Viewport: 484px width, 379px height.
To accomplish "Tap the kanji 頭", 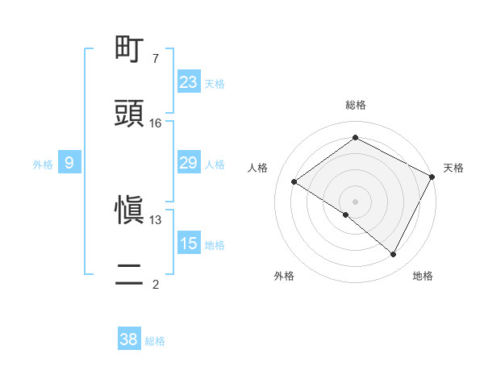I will [131, 114].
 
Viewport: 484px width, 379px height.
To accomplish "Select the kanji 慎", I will [131, 210].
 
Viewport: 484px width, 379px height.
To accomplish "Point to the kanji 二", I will [131, 274].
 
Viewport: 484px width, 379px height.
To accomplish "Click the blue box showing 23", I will [189, 82].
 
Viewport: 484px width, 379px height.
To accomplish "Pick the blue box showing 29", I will [189, 164].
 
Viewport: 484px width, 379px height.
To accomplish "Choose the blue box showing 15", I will [189, 244].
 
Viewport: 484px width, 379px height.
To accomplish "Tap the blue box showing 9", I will [69, 164].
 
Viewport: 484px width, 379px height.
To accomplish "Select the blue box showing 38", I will [129, 339].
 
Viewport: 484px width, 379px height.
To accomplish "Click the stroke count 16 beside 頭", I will [156, 123].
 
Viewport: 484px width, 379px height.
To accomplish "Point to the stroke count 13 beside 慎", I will [156, 219].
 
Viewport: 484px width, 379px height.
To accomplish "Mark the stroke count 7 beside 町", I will [156, 59].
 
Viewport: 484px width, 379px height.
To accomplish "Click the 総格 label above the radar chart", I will [356, 106].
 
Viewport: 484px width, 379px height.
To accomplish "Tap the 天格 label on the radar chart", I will [453, 168].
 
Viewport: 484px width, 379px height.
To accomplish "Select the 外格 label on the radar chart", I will [284, 276].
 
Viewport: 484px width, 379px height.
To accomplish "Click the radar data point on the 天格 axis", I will [432, 176].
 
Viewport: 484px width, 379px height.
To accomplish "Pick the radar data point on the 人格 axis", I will [294, 181].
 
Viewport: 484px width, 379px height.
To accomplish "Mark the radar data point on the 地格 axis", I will [394, 255].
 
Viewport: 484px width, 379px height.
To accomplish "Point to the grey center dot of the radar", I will [356, 201].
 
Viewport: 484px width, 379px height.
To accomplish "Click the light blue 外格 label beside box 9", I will [43, 165].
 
